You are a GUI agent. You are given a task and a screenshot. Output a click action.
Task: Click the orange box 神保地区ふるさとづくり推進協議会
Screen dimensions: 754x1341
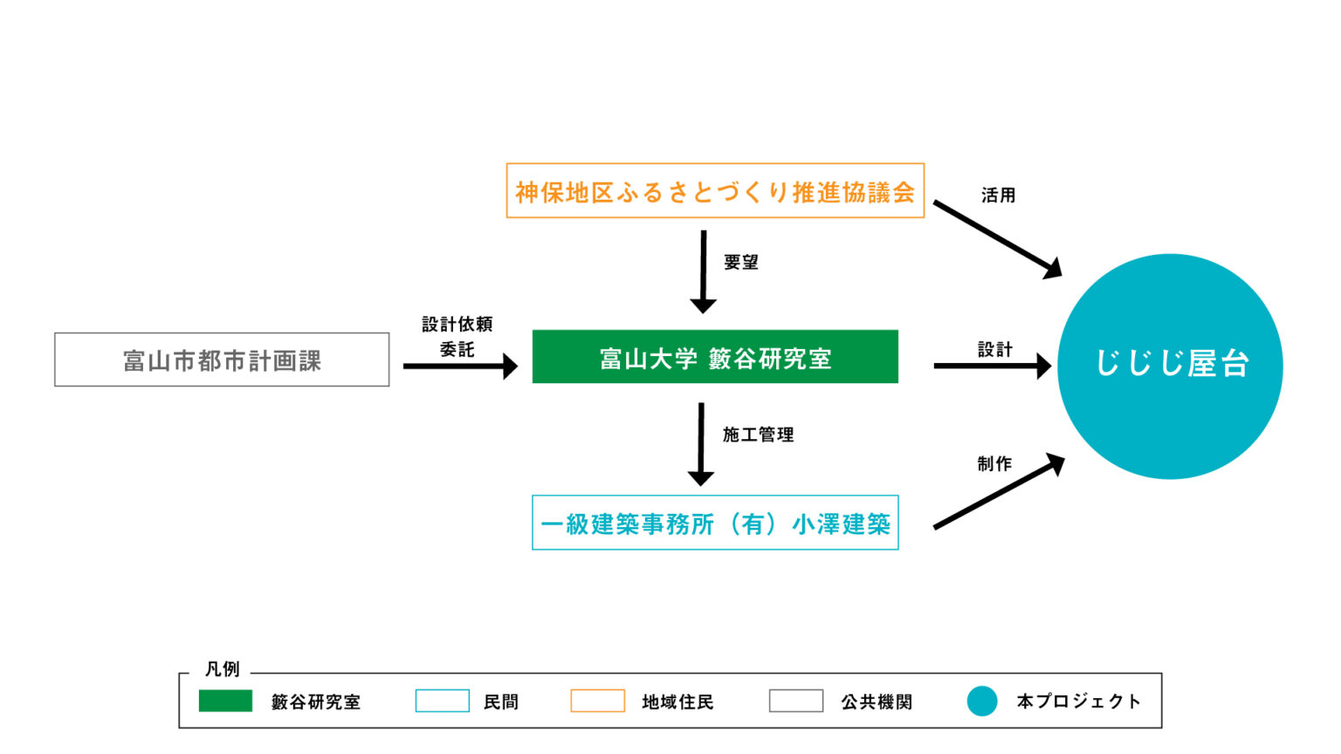pyautogui.click(x=715, y=190)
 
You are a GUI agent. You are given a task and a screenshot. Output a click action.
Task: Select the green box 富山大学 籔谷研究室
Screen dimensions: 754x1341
pyautogui.click(x=715, y=357)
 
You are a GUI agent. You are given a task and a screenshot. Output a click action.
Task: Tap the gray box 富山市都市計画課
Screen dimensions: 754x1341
pyautogui.click(x=222, y=360)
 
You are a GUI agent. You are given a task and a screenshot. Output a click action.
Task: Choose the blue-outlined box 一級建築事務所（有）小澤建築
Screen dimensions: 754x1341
pyautogui.click(x=715, y=523)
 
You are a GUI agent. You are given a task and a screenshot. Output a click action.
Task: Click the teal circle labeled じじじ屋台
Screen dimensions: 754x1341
pyautogui.click(x=1170, y=366)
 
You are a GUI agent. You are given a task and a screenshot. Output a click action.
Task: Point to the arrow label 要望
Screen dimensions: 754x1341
pyautogui.click(x=740, y=262)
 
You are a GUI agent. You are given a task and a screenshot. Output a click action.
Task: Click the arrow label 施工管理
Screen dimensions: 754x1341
pyautogui.click(x=758, y=435)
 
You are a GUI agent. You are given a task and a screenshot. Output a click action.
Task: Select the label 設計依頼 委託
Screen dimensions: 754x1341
pyautogui.click(x=457, y=336)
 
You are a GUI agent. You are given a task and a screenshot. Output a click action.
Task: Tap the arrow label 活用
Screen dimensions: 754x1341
pyautogui.click(x=998, y=195)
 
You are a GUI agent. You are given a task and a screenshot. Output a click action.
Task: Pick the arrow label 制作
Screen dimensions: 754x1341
pyautogui.click(x=994, y=463)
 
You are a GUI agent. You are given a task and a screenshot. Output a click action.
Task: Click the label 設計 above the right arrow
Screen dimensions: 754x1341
pyautogui.click(x=994, y=349)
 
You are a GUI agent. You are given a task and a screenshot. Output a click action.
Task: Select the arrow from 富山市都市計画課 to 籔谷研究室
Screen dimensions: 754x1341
pyautogui.click(x=460, y=367)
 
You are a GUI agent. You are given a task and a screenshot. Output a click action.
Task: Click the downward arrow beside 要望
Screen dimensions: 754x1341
pyautogui.click(x=703, y=271)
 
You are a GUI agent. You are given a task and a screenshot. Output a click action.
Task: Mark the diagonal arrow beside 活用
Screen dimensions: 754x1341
pyautogui.click(x=997, y=239)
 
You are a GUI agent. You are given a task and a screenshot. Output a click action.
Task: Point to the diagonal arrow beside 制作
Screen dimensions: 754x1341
pyautogui.click(x=999, y=492)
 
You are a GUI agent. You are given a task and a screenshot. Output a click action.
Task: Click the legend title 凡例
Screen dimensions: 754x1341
pyautogui.click(x=222, y=669)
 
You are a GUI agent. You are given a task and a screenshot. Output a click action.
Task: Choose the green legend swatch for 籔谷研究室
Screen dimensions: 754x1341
pyautogui.click(x=225, y=701)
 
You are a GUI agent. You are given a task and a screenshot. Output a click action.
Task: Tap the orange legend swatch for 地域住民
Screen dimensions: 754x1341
pyautogui.click(x=597, y=701)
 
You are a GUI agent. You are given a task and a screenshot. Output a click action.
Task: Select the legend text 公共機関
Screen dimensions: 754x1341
pyautogui.click(x=877, y=702)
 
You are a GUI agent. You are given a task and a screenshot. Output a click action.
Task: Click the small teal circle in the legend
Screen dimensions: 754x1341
pyautogui.click(x=982, y=701)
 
